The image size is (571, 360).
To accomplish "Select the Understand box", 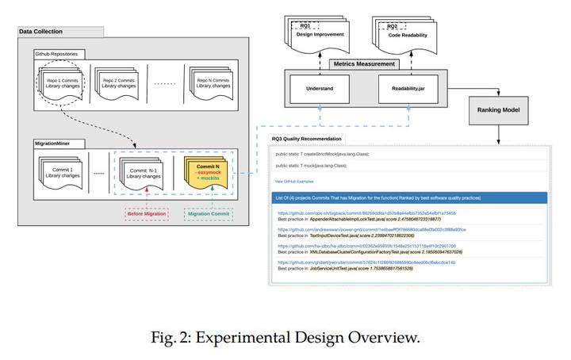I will click(x=319, y=90).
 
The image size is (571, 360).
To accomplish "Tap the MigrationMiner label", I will click(x=53, y=144).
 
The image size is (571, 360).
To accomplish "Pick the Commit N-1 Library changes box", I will click(x=144, y=171).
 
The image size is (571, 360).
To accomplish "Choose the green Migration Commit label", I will click(x=208, y=214).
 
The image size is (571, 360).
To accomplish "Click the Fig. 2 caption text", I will click(x=285, y=337).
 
